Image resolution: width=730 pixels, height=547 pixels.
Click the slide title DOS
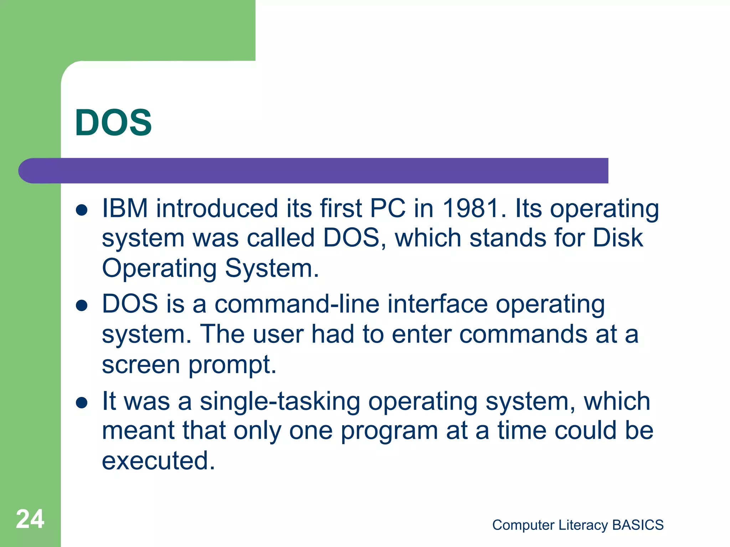tap(113, 123)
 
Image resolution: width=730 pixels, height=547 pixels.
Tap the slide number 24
tap(30, 519)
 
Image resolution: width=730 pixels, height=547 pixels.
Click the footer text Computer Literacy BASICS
tap(578, 525)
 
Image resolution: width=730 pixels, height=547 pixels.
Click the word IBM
tap(125, 208)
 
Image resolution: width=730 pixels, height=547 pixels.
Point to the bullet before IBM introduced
tap(82, 210)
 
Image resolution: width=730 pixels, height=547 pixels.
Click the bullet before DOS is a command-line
tap(82, 305)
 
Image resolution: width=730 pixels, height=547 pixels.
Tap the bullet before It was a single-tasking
tap(82, 402)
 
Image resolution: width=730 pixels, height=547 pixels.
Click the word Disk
tap(618, 238)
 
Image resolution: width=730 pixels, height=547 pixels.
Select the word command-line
tap(297, 304)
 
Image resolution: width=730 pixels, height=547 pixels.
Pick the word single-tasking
tap(280, 401)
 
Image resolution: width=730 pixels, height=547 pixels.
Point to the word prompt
tap(232, 365)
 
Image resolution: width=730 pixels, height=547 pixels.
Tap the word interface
tap(437, 304)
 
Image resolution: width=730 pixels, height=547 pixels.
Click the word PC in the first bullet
tap(387, 208)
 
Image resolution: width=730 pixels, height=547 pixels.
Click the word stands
tap(508, 238)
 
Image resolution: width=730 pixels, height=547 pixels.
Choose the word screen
tap(141, 365)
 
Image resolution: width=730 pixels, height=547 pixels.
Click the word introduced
tap(217, 208)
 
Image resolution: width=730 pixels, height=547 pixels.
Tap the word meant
tap(138, 431)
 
